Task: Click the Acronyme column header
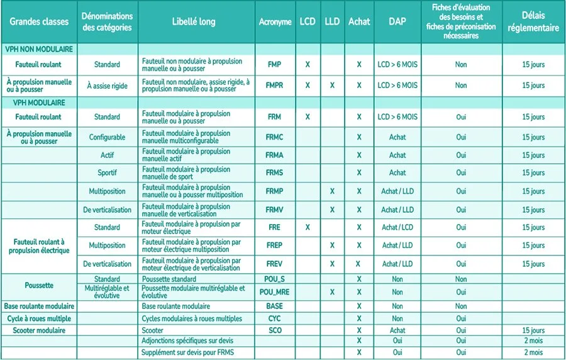coord(275,22)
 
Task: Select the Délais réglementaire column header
coord(533,22)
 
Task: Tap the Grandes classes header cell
coord(38,22)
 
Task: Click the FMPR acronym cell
coord(275,86)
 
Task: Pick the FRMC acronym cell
coord(275,137)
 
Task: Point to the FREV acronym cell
coord(275,264)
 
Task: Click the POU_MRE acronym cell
coord(275,292)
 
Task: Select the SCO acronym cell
coord(275,330)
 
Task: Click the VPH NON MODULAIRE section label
coord(39,48)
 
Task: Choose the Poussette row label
coord(38,285)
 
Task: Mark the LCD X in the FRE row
coord(308,227)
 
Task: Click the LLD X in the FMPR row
coord(332,86)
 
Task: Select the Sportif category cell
coord(107,172)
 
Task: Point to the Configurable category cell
coord(107,137)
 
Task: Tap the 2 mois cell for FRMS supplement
coord(533,352)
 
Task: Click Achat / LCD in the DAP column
coord(397,227)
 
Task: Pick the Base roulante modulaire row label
coord(38,306)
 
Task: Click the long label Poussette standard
coord(169,279)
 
